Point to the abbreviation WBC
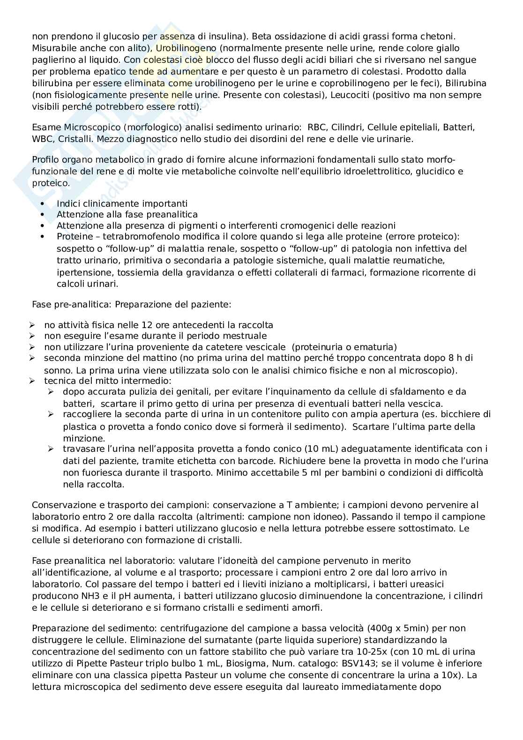[x=42, y=139]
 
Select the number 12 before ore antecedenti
[x=134, y=325]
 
